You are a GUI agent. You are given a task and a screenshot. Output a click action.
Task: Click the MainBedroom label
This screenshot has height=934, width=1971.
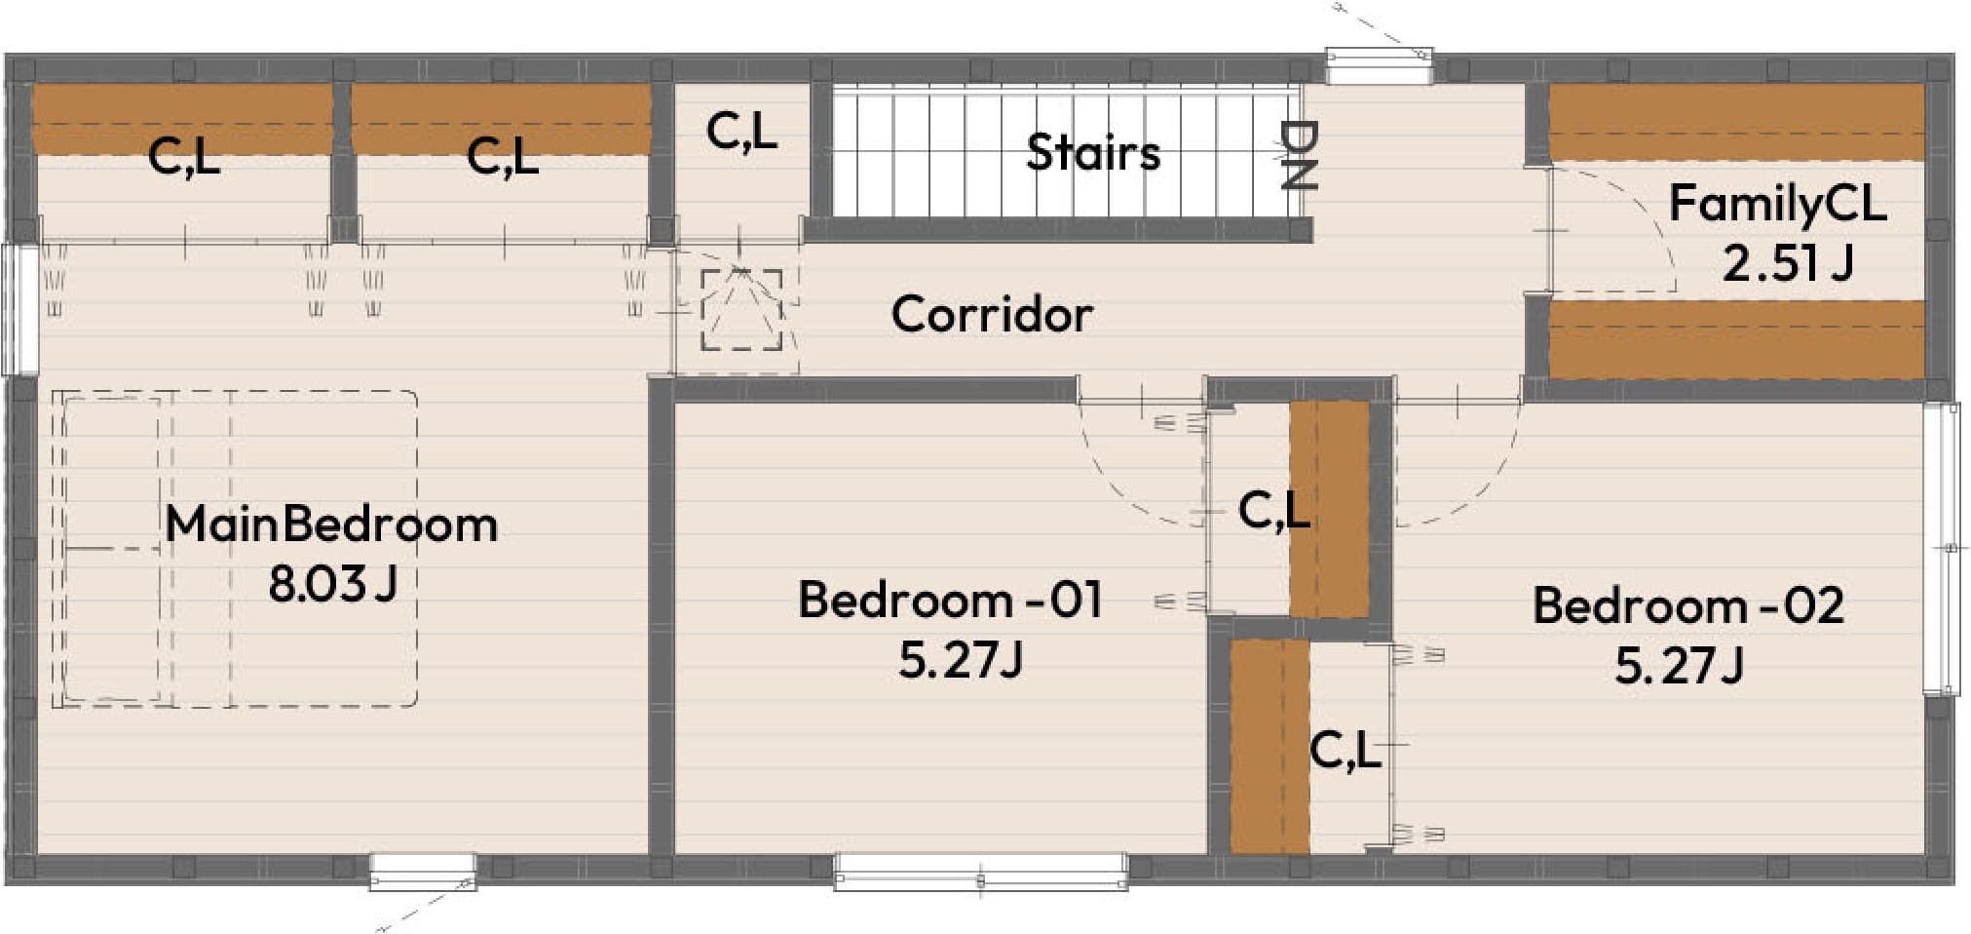click(x=331, y=525)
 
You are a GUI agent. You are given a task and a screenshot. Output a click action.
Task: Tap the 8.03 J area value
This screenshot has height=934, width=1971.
click(x=332, y=583)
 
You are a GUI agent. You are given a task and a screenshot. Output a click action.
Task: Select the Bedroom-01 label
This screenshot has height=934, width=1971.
click(x=950, y=599)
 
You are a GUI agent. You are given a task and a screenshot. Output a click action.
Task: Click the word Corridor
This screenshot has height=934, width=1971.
click(x=992, y=314)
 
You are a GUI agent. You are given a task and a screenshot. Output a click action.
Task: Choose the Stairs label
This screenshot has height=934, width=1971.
click(x=1093, y=153)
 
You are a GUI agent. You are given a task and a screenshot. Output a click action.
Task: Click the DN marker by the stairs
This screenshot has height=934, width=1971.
click(x=1300, y=154)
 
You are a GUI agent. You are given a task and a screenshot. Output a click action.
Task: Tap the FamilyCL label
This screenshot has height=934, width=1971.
click(x=1778, y=204)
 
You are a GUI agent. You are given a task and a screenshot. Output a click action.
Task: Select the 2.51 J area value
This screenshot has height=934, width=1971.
click(x=1788, y=262)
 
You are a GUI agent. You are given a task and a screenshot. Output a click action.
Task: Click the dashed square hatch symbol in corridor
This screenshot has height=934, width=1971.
click(x=741, y=309)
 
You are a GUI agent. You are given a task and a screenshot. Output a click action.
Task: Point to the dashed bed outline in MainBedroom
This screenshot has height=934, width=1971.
click(x=235, y=548)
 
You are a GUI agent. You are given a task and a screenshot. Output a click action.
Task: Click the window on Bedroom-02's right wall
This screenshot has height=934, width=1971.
click(x=1941, y=548)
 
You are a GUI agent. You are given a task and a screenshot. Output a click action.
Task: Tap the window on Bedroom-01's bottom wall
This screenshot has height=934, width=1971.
click(x=981, y=871)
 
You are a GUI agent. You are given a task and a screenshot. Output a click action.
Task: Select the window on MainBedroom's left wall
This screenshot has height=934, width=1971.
click(x=19, y=309)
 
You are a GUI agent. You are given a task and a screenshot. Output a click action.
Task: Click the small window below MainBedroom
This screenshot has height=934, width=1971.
click(x=423, y=871)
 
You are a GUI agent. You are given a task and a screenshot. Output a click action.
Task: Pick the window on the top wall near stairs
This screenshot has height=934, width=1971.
click(x=1379, y=66)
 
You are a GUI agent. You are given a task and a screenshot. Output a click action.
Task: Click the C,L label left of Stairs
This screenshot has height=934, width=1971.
click(x=741, y=132)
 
